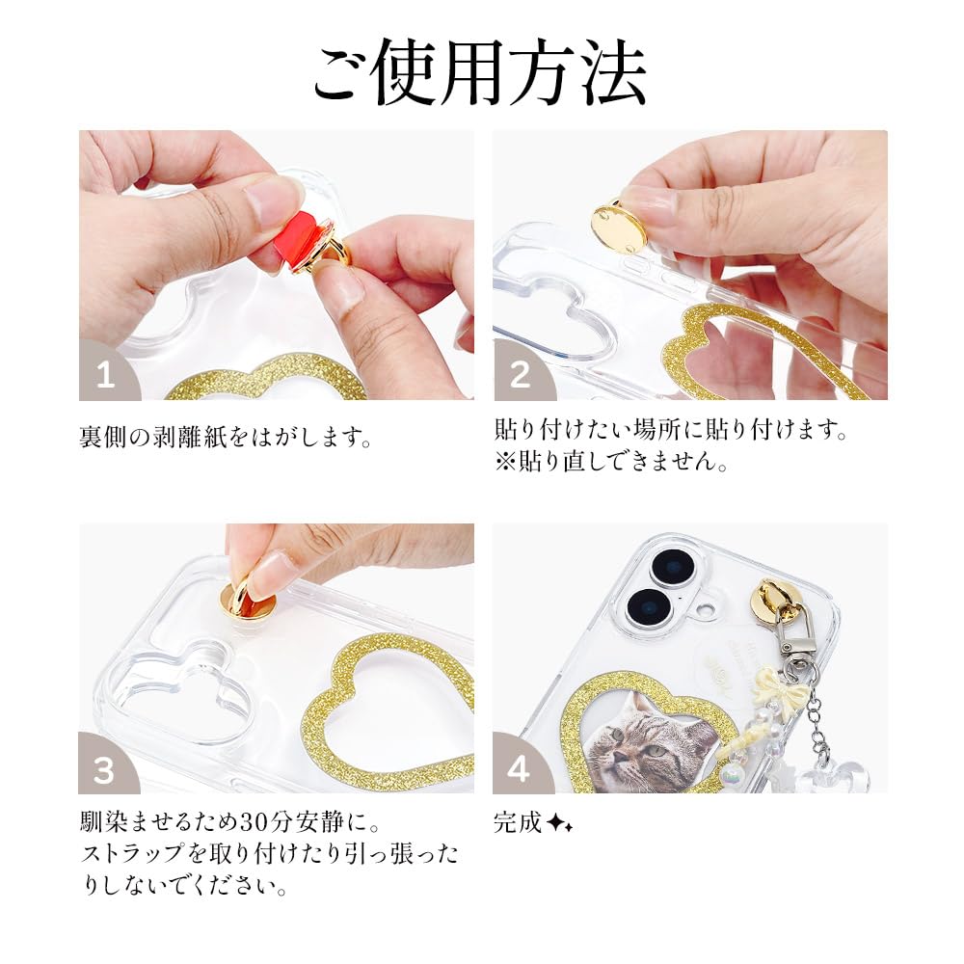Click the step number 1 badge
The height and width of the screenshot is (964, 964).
click(x=105, y=375)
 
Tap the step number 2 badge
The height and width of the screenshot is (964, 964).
click(x=520, y=375)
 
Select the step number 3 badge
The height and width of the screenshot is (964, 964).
click(x=105, y=769)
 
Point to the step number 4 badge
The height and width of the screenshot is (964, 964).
click(x=520, y=769)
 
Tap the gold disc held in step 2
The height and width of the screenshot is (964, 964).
click(x=618, y=225)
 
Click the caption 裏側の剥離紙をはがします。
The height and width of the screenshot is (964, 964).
click(x=225, y=437)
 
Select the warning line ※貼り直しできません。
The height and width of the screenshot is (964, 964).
click(x=611, y=461)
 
